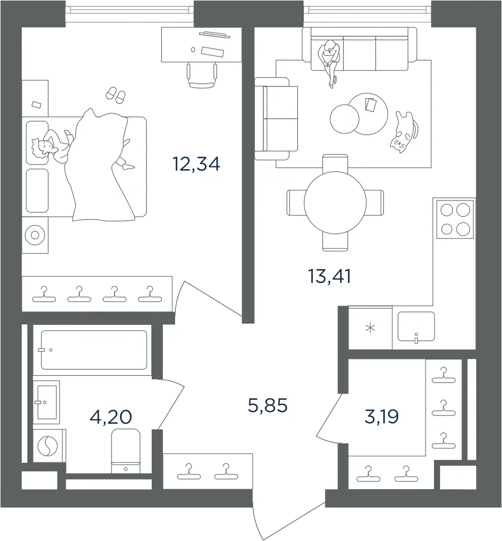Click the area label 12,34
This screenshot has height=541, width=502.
tap(196, 164)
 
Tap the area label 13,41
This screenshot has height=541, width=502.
tap(330, 276)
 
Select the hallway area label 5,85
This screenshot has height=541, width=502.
tap(268, 405)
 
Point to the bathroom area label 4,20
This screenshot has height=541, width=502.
tap(110, 417)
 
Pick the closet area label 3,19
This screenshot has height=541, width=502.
tap(382, 416)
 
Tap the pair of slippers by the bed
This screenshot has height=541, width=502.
tap(116, 95)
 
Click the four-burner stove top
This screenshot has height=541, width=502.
tap(455, 219)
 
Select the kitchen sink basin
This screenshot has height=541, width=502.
tap(416, 327)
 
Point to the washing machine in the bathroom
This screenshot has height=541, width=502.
tap(49, 446)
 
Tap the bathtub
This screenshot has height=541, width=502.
tap(94, 350)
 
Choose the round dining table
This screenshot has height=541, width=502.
tap(335, 203)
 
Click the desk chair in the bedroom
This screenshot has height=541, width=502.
tap(202, 75)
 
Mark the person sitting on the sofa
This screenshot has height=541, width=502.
tap(331, 61)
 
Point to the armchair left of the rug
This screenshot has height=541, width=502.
tap(276, 119)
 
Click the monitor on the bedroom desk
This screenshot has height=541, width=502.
tap(214, 34)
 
